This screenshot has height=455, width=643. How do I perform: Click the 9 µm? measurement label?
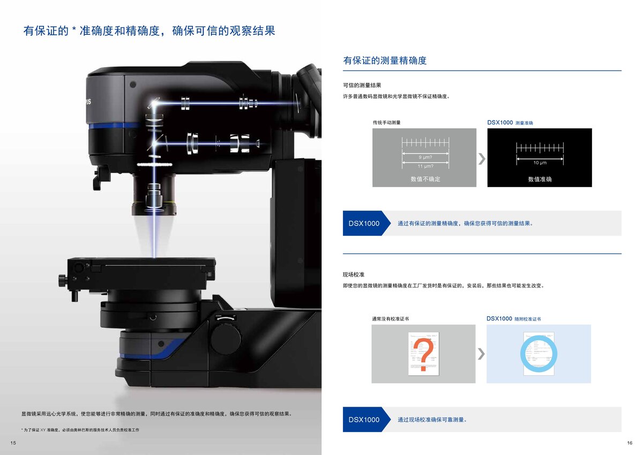425,157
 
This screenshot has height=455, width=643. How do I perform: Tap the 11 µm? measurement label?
425,166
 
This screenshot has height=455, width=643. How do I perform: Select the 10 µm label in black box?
540,162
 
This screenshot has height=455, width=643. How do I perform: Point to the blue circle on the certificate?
539,354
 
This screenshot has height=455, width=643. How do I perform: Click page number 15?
13,442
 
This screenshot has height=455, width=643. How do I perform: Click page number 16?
630,442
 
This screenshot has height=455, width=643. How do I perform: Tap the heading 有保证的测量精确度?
385,61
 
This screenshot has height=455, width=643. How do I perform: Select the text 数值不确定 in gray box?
425,179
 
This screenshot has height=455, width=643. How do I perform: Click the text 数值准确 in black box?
540,179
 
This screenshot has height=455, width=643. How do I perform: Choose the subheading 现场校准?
354,274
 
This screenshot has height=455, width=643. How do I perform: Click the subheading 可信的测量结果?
362,85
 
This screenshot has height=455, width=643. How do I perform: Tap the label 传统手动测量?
386,123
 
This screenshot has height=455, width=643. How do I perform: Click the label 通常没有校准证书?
390,318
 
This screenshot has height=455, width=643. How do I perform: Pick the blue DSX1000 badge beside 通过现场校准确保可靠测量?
364,420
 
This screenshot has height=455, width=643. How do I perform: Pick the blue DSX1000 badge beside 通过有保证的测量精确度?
364,223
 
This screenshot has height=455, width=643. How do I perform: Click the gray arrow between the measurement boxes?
482,158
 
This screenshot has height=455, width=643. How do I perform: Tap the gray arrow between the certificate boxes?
481,354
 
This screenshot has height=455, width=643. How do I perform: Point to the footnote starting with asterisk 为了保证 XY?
80,430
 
